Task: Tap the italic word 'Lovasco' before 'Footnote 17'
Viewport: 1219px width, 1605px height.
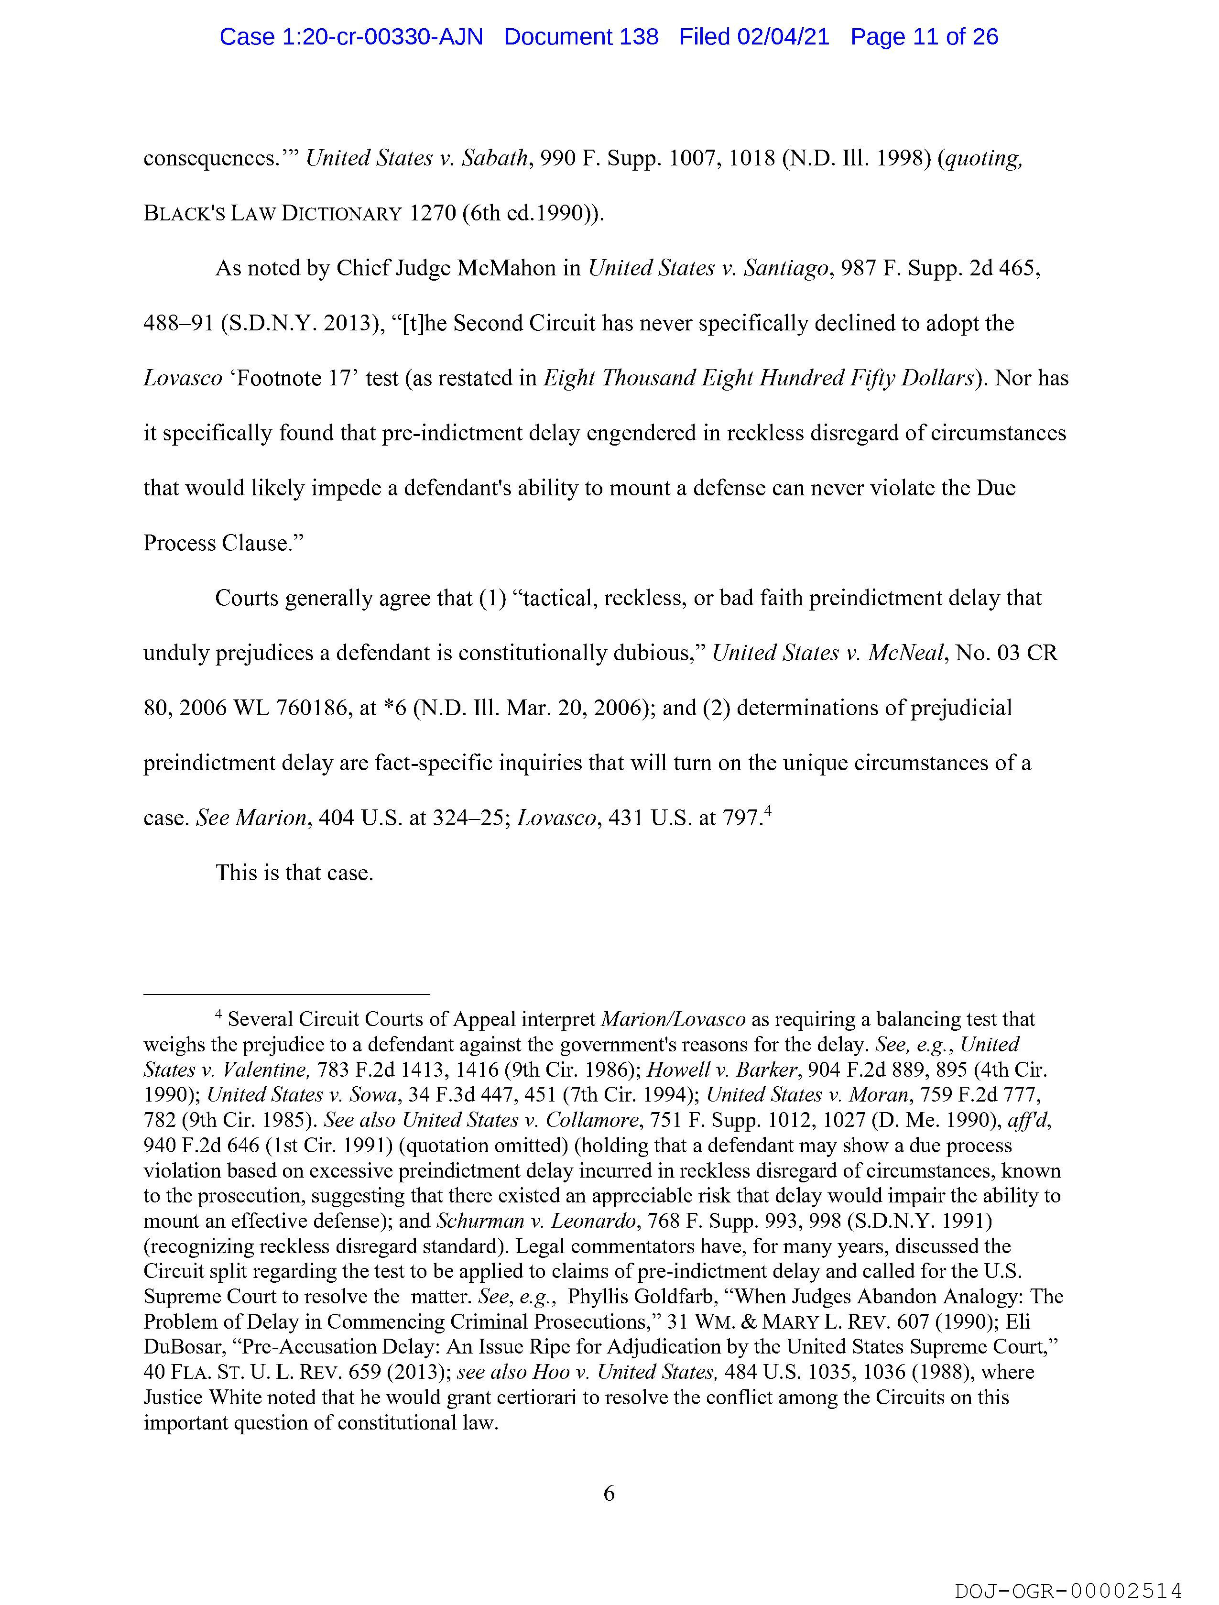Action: coord(183,379)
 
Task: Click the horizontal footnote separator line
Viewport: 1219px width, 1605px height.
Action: coord(287,994)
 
